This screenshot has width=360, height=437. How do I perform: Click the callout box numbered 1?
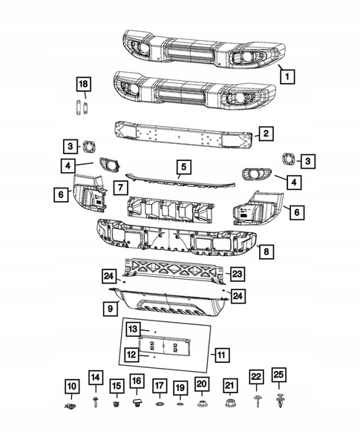pos(287,76)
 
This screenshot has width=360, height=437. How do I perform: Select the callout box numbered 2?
pos(266,134)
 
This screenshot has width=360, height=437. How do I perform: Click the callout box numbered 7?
pos(119,183)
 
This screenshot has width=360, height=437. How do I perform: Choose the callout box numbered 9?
pos(109,306)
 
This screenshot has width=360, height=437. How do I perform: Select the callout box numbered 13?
pos(132,329)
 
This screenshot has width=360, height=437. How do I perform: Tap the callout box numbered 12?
pos(131,355)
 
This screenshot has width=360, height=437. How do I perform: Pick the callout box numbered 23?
pos(236,274)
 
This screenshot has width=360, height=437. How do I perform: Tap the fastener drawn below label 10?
pos(71,407)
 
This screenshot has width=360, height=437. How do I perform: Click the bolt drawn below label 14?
pos(96,404)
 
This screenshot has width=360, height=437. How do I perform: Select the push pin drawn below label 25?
pos(278,402)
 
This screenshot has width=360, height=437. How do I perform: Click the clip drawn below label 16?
pos(137,404)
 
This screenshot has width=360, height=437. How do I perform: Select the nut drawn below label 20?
pos(202,404)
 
